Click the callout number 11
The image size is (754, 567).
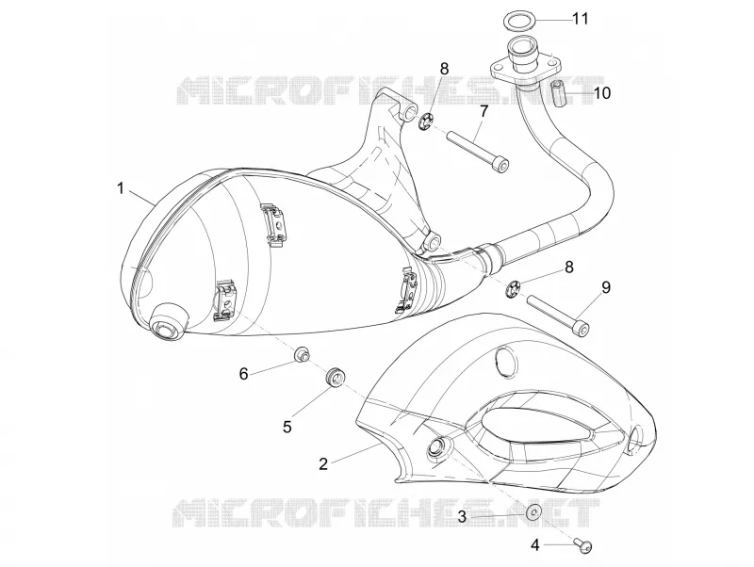tap(580, 19)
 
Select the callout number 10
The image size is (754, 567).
tap(601, 92)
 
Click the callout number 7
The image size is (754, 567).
tap(484, 111)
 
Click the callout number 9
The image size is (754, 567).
tap(605, 287)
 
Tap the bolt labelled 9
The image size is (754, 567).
tap(558, 315)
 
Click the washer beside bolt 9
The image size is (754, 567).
tap(513, 289)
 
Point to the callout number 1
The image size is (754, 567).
tap(121, 188)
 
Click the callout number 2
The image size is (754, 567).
tap(323, 463)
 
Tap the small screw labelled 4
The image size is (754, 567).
tap(582, 545)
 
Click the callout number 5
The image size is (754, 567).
tap(287, 427)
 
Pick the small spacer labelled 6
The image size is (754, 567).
tap(302, 355)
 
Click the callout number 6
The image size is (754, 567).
tap(244, 373)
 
